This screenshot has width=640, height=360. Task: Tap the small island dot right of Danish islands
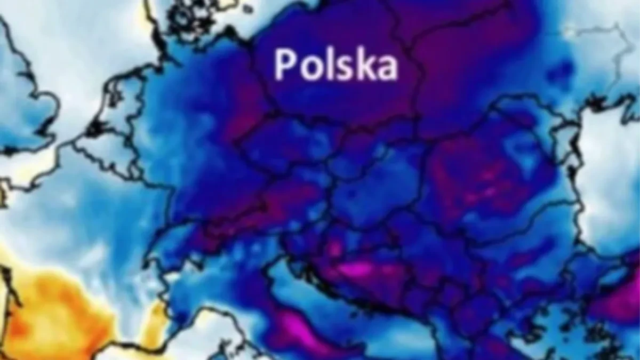point(247,9)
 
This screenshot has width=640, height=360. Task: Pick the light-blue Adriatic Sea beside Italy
point(299,288)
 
